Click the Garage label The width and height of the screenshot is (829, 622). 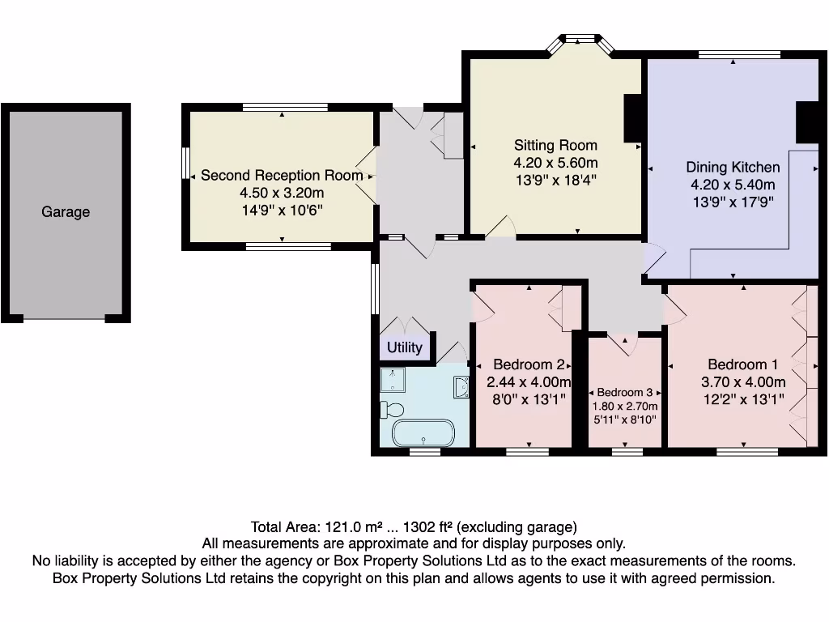[x=66, y=212]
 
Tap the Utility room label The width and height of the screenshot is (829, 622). [x=404, y=347]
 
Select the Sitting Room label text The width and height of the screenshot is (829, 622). [x=555, y=146]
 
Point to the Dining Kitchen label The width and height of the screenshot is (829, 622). [x=733, y=168]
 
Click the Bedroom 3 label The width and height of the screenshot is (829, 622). [x=625, y=392]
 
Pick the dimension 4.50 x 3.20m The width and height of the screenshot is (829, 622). [x=282, y=193]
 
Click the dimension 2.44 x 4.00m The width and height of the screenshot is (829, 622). [x=529, y=382]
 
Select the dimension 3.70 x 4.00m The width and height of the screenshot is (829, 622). [x=742, y=382]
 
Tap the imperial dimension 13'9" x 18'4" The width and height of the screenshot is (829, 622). [x=555, y=181]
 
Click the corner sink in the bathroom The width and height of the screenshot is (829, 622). [x=461, y=388]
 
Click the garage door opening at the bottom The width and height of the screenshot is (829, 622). [x=65, y=318]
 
